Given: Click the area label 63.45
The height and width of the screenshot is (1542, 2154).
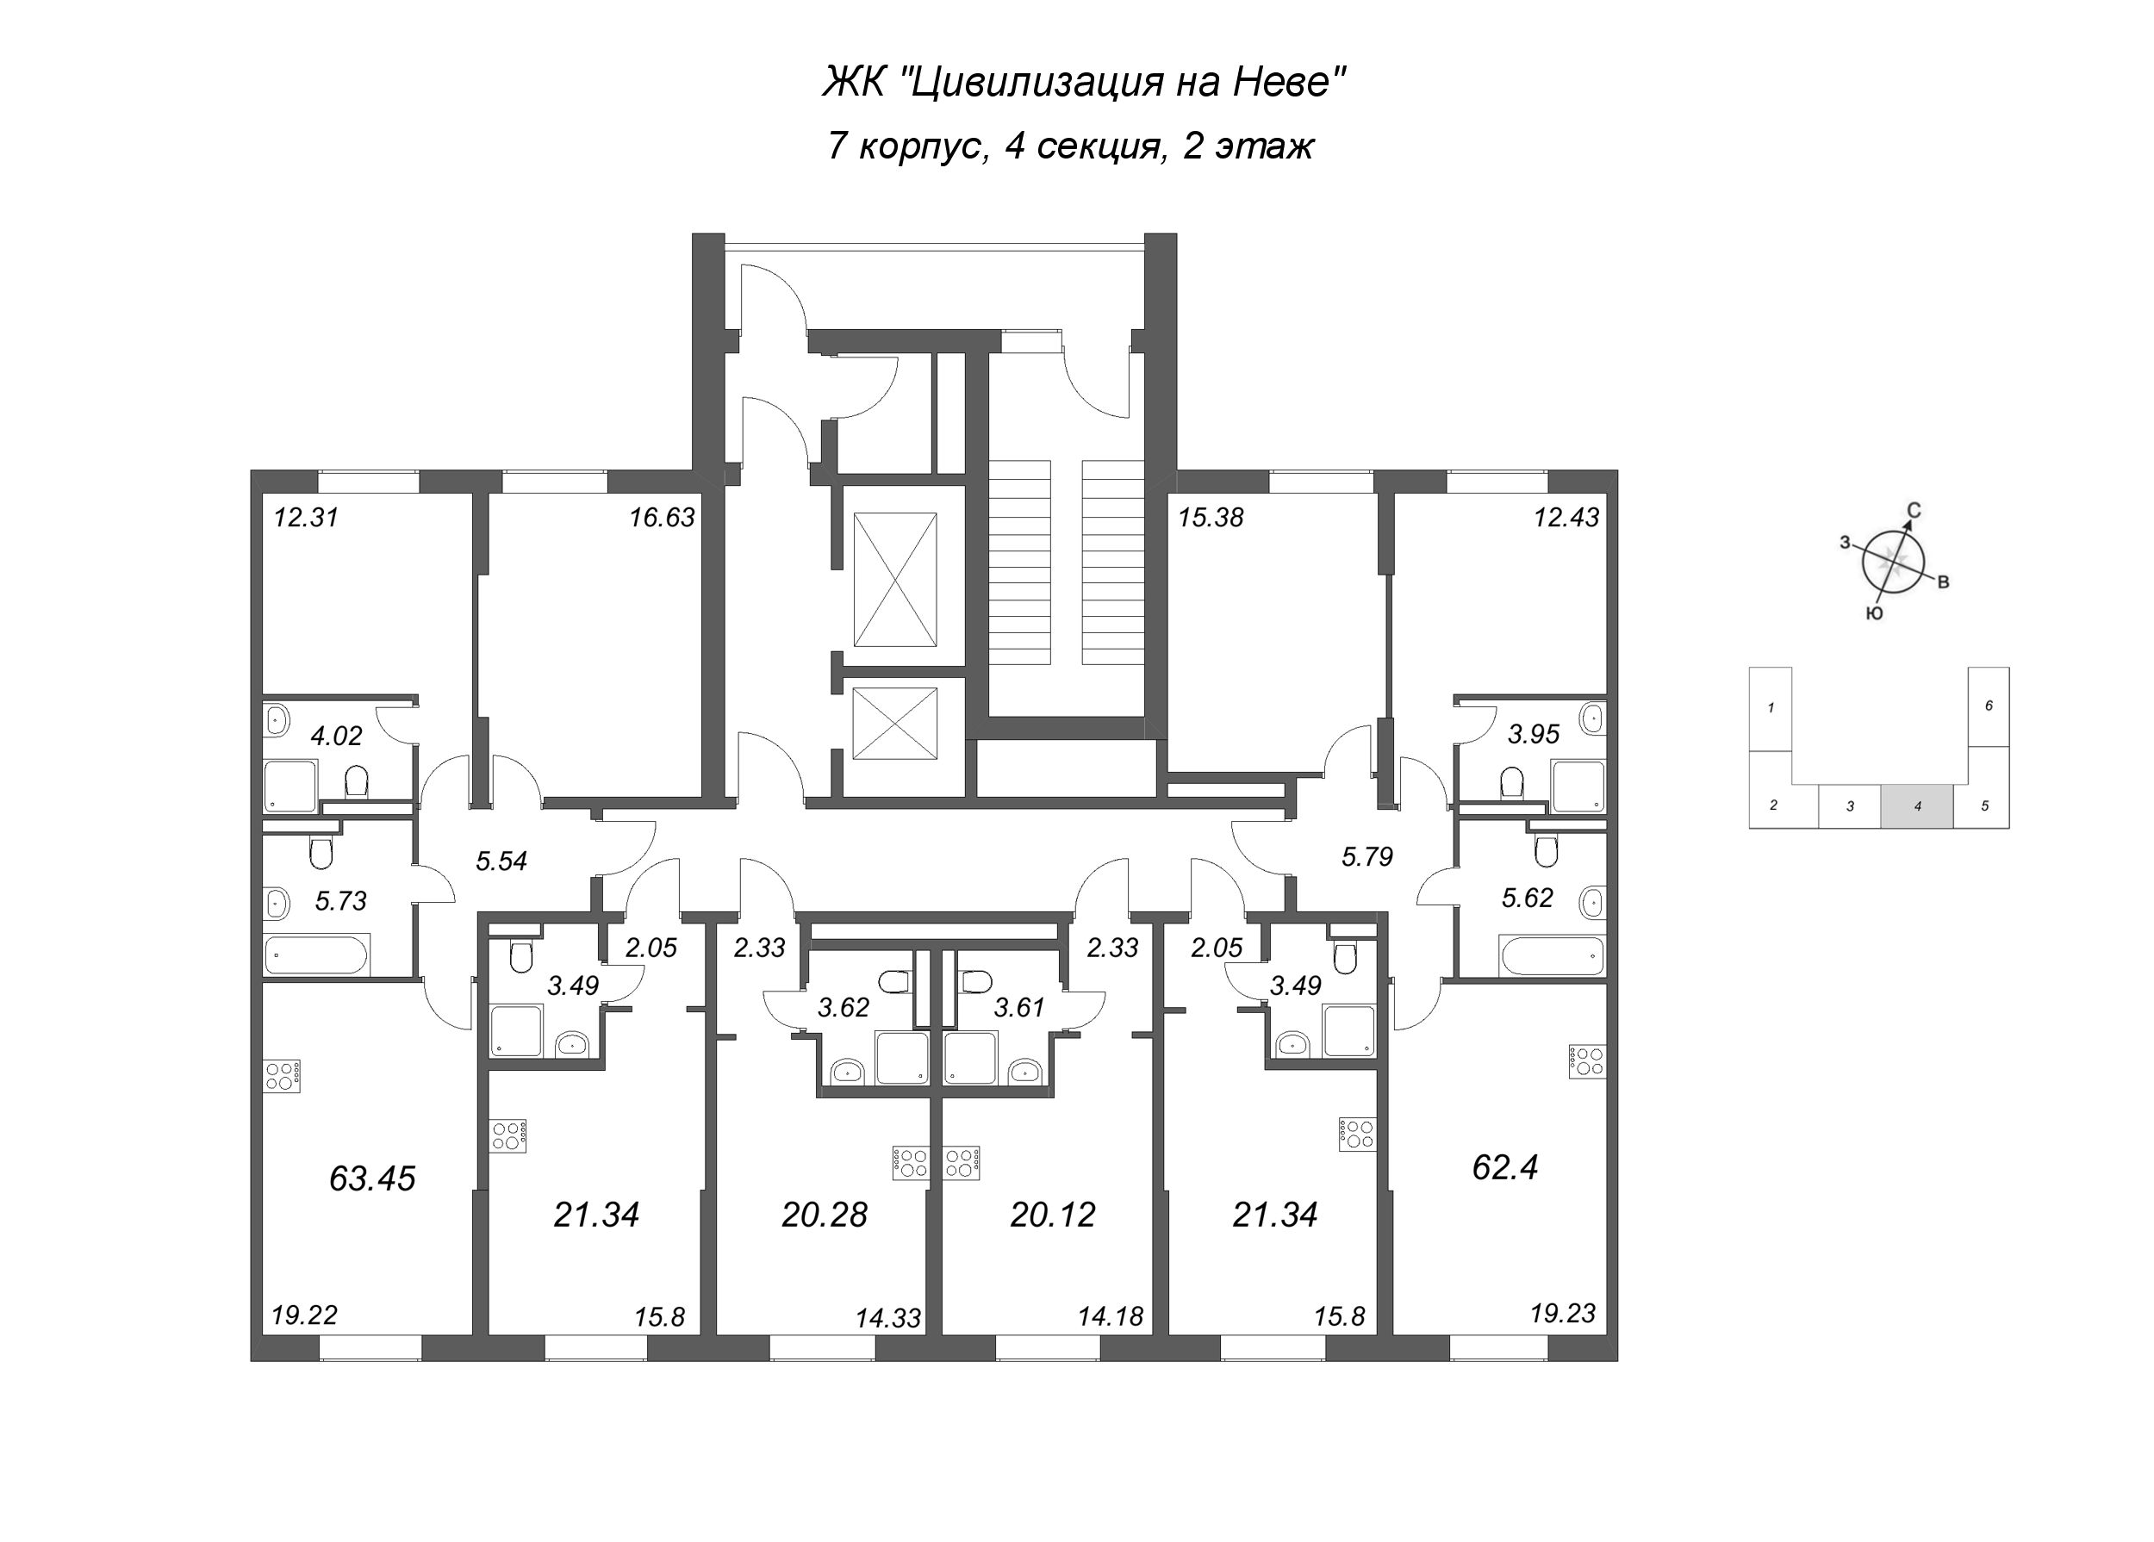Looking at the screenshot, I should coord(372,1179).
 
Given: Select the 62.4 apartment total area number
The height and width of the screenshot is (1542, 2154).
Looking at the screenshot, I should coord(1505,1167).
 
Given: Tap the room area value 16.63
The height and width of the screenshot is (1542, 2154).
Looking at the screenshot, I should coord(662,518).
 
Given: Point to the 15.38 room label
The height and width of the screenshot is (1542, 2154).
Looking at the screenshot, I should coord(1210,518).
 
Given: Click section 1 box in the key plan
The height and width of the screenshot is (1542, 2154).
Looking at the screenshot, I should coord(1771,707).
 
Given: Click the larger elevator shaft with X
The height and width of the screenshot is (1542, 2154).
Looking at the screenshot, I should coord(894,579).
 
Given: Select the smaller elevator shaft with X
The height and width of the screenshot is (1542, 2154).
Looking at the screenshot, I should coord(894,724).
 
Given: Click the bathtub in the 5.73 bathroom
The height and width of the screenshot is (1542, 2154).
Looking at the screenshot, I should coord(316,955).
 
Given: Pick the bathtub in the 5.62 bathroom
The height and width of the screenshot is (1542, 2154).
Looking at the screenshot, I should coord(1551,954).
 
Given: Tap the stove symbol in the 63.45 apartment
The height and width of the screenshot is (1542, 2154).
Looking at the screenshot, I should coord(283,1075).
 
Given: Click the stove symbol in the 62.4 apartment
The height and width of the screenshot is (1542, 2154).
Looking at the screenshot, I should coord(1586,1061).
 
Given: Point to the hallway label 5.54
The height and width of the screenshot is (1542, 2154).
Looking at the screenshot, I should coord(501,861).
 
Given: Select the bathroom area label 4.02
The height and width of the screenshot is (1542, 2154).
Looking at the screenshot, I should coord(336,736).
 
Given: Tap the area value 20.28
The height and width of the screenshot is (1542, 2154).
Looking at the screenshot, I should coord(825,1216).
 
